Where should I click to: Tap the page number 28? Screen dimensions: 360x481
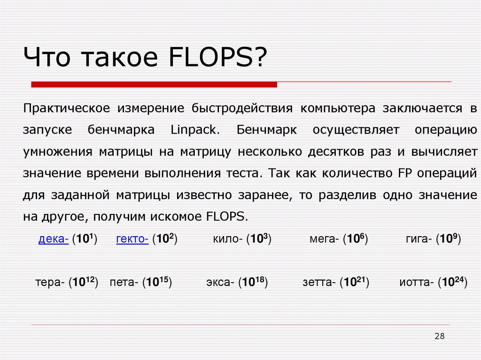click(x=440, y=336)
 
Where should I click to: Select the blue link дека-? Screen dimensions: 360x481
click(x=54, y=239)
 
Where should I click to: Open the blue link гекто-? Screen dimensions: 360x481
click(x=132, y=239)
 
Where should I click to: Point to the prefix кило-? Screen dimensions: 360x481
click(x=227, y=239)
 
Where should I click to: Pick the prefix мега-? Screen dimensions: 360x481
click(x=324, y=239)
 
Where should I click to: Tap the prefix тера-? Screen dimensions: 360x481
click(x=50, y=283)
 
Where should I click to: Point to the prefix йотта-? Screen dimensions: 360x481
click(x=417, y=283)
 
